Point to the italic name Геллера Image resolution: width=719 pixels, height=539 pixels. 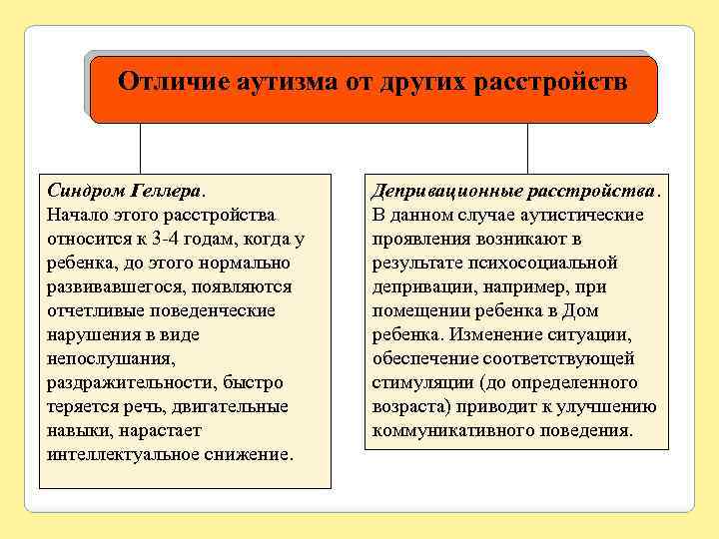coord(168,191)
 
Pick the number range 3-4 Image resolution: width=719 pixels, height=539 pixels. coord(159,239)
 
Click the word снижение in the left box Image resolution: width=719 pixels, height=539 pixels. coord(250,454)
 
